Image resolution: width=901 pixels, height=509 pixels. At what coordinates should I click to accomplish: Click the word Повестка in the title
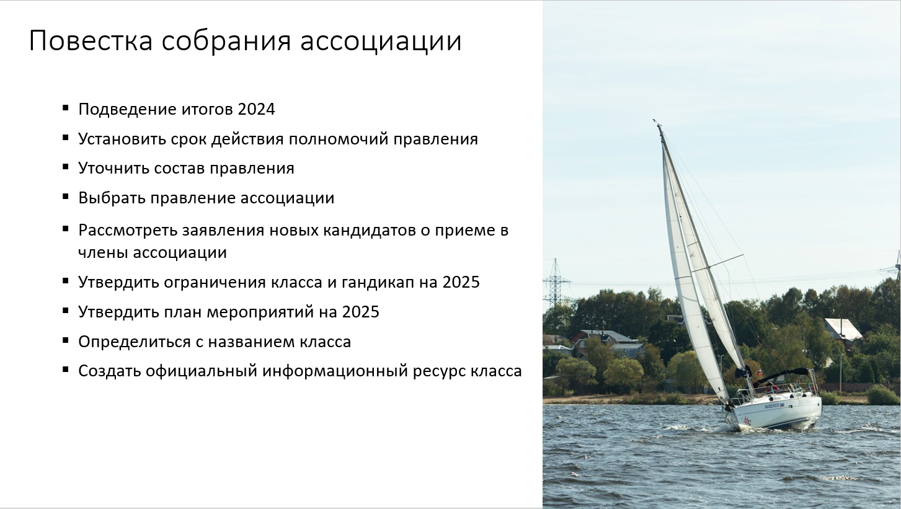[x=91, y=40]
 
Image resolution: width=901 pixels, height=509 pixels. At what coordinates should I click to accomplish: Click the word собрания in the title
[x=226, y=42]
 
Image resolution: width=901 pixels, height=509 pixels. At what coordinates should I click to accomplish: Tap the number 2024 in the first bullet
[x=256, y=109]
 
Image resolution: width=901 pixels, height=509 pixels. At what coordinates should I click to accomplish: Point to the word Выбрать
[x=112, y=198]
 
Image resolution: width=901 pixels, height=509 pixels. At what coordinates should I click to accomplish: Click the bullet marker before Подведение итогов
[x=66, y=107]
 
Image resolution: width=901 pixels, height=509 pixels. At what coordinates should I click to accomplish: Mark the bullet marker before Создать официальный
[x=66, y=369]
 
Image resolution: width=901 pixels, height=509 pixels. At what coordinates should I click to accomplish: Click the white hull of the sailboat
[x=777, y=412]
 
